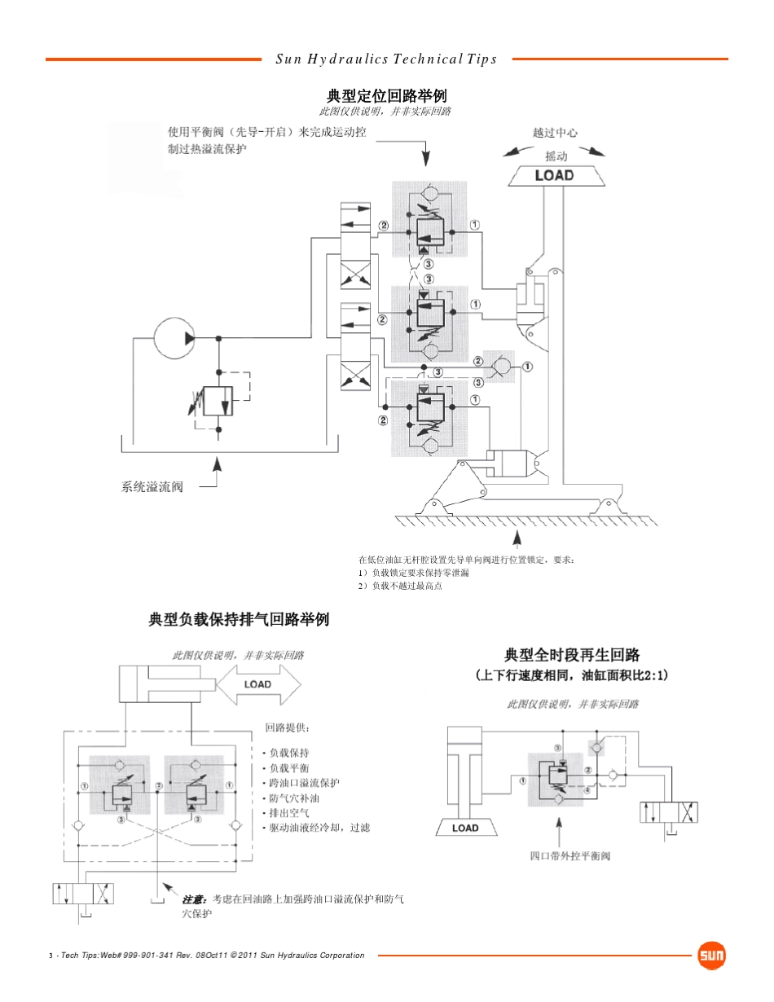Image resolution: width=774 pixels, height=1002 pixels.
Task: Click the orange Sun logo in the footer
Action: click(711, 956)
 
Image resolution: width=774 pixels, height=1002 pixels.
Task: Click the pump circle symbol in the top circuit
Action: click(174, 338)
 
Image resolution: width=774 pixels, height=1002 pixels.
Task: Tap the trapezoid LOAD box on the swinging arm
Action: click(556, 176)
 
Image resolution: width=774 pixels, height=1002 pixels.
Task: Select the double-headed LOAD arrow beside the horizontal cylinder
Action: click(258, 685)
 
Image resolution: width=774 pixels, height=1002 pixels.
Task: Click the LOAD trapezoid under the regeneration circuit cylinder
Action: click(466, 827)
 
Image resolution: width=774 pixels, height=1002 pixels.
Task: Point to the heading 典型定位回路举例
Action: click(387, 96)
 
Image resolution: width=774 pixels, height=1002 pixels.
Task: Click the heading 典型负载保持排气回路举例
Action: click(239, 619)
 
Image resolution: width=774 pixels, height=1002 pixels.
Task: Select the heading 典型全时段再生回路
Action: click(572, 655)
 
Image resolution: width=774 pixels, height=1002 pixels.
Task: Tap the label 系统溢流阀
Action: click(152, 486)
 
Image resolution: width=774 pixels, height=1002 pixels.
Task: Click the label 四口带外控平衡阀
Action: click(570, 856)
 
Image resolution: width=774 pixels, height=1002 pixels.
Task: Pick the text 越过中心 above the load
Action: click(555, 133)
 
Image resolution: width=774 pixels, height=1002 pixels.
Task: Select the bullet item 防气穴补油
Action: click(294, 798)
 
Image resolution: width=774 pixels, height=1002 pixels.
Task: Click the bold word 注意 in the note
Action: click(193, 899)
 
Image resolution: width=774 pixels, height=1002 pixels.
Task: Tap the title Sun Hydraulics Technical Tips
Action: click(386, 59)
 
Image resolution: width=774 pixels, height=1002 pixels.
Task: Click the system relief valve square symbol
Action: click(218, 401)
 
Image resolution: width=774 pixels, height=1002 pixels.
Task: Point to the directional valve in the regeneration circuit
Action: click(669, 812)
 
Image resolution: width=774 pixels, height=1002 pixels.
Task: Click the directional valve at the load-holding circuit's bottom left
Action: click(83, 894)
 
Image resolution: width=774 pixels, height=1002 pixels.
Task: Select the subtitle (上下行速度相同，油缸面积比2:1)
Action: click(572, 675)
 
